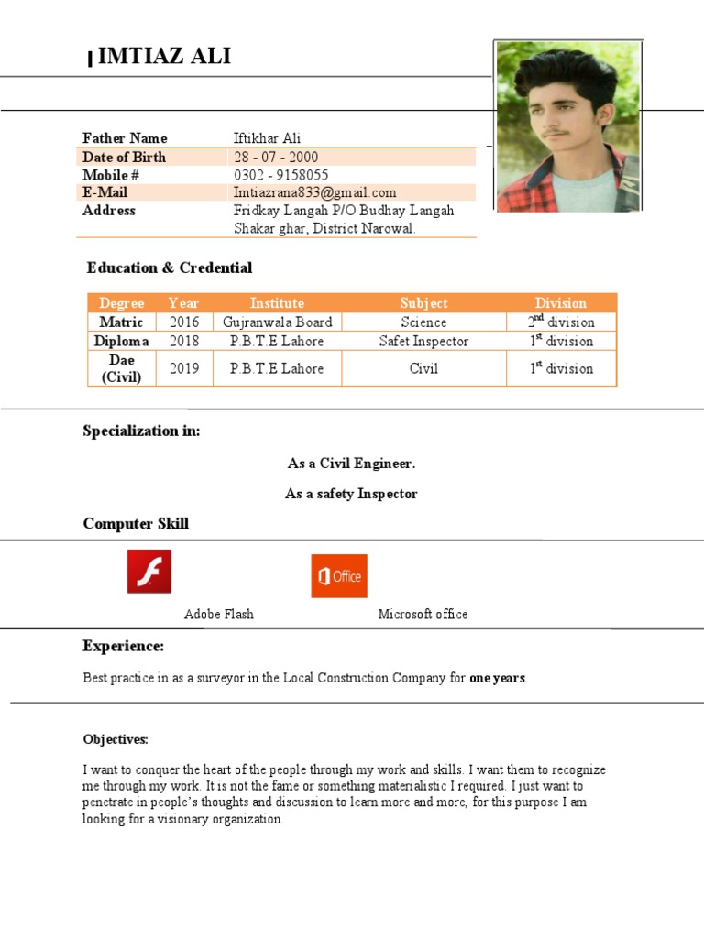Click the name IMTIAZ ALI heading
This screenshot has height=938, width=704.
coord(164,58)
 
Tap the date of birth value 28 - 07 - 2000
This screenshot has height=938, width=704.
coord(276,157)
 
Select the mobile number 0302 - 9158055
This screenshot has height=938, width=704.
coord(280,175)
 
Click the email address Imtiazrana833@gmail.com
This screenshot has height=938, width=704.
coord(314,192)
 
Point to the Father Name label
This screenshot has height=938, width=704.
coord(125,138)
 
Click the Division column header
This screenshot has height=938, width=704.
coord(561,303)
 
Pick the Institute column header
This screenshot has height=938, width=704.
coord(277,303)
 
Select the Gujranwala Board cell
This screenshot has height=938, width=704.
coord(277,322)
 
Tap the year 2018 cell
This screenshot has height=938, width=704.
coord(183,341)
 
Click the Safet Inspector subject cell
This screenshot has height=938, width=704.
coord(423,341)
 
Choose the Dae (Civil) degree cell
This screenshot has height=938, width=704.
coord(122,368)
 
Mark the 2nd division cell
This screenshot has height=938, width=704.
coord(561,322)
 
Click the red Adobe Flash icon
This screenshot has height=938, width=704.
coord(149,573)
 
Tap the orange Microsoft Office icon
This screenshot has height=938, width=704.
coord(339,576)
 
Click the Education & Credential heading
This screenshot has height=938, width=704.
coord(170,267)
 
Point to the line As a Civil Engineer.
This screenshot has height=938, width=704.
coord(351,464)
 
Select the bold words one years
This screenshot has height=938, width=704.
coord(498,679)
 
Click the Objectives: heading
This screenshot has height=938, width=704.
coord(115,739)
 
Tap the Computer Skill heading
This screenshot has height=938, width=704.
coord(136,523)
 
